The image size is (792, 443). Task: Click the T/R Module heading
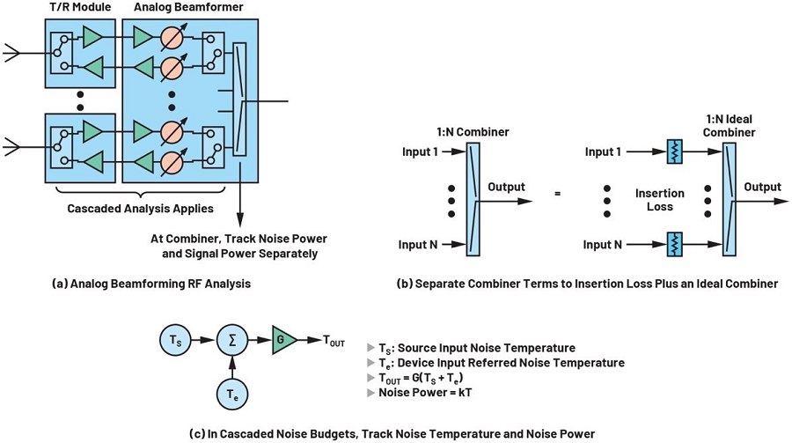(x=77, y=9)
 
